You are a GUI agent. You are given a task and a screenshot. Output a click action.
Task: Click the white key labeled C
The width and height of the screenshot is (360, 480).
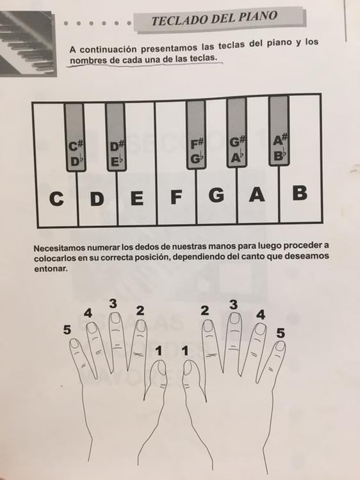(x=56, y=196)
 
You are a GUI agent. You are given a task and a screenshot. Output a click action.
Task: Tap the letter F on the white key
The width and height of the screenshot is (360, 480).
(x=176, y=197)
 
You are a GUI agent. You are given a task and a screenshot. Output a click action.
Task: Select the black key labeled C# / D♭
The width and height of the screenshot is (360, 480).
(x=75, y=137)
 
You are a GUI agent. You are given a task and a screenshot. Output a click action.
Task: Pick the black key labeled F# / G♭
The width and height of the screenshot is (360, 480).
(x=196, y=134)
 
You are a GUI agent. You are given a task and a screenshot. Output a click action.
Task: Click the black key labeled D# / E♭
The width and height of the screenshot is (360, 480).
(x=116, y=136)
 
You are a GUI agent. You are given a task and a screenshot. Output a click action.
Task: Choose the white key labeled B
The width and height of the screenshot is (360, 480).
(x=300, y=193)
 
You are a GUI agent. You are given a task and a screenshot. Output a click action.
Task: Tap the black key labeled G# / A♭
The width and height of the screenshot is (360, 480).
(x=237, y=132)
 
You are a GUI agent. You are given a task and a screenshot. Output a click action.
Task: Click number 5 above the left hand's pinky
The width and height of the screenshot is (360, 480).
(x=67, y=330)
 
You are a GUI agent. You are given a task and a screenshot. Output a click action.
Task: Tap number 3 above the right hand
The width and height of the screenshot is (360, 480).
(x=233, y=305)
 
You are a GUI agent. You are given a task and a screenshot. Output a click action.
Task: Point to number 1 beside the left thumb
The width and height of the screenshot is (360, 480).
(x=159, y=351)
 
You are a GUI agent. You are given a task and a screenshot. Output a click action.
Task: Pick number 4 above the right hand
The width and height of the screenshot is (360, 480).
(x=261, y=315)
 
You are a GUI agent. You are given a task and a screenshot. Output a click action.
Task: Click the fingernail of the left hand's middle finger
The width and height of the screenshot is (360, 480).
(x=115, y=318)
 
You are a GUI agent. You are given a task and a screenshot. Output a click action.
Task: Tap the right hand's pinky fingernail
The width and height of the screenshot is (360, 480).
(x=280, y=346)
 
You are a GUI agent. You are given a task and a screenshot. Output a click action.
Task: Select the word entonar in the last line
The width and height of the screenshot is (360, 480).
(x=51, y=269)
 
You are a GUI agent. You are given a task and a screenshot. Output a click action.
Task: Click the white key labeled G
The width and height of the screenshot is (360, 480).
(x=217, y=195)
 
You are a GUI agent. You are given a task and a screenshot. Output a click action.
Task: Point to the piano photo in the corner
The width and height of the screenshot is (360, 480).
(x=28, y=44)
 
